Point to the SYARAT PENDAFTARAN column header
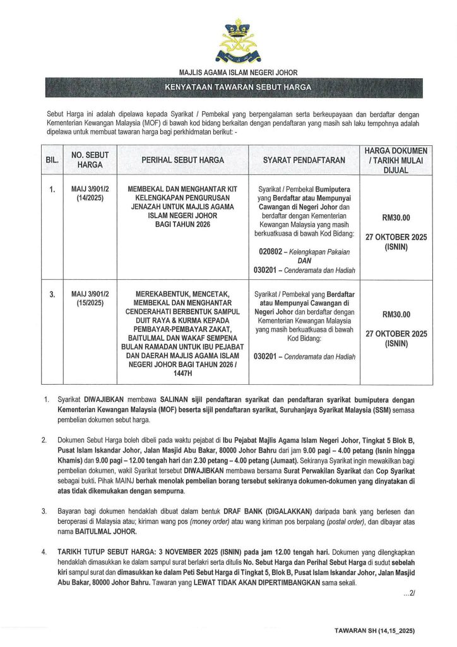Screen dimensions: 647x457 [304, 160]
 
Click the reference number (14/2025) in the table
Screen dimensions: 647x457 [85, 198]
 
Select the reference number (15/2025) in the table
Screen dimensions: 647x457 [85, 303]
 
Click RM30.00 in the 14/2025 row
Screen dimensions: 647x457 [396, 218]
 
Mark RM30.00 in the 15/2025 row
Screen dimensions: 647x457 [396, 314]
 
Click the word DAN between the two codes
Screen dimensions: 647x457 [304, 260]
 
